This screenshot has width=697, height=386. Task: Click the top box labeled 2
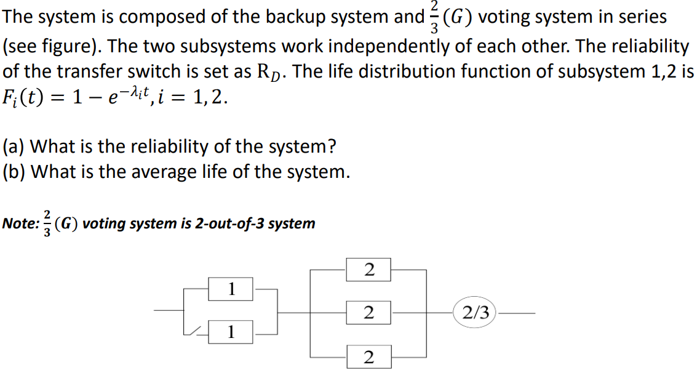coord(368,269)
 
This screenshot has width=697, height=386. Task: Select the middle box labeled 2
coord(368,313)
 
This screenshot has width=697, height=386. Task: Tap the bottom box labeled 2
coord(368,357)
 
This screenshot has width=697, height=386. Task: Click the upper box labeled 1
coord(231,289)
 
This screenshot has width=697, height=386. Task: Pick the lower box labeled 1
coord(231,332)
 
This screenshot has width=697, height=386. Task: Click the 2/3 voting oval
coord(476,313)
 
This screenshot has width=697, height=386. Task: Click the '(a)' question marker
coord(14,147)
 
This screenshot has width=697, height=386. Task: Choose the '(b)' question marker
coord(14,172)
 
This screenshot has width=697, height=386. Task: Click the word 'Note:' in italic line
coord(20,223)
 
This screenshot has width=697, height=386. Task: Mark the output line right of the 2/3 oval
coord(517,313)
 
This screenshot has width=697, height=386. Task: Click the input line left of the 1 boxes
coord(169,311)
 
